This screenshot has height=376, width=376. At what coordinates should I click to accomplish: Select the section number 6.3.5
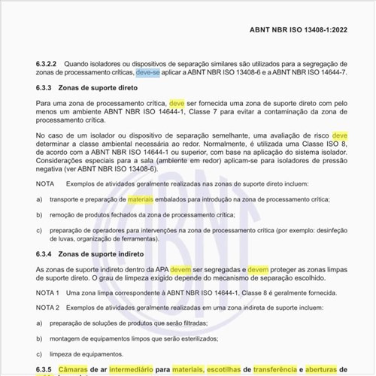pyautogui.click(x=44, y=369)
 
